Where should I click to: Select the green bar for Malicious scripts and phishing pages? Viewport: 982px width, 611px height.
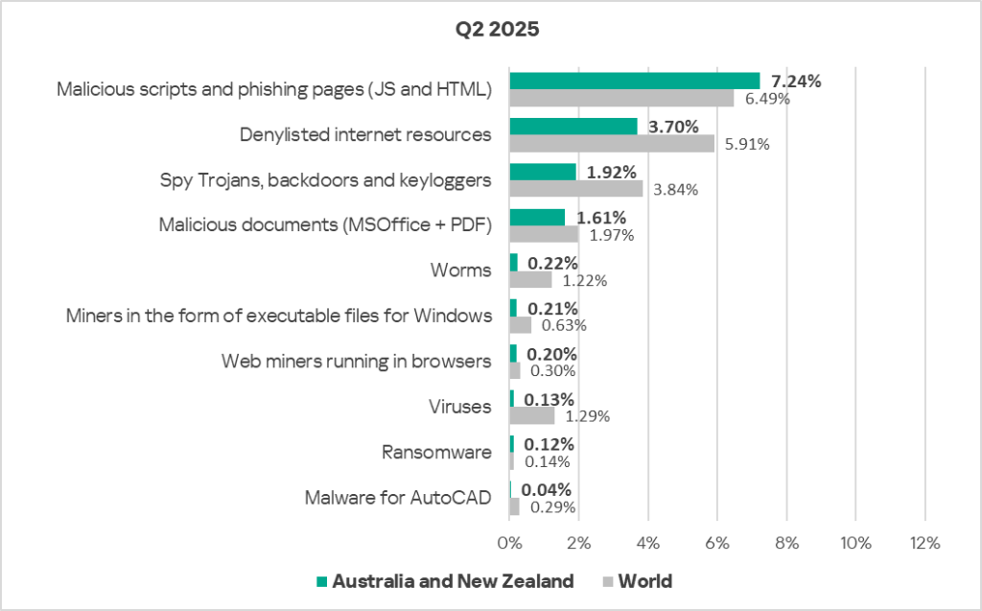click(x=634, y=81)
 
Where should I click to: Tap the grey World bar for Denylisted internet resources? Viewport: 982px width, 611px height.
click(x=612, y=143)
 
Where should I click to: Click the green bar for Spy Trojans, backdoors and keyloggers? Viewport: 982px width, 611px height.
click(x=543, y=172)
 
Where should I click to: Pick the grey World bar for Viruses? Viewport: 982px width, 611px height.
click(x=531, y=416)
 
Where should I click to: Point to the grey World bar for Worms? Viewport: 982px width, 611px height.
click(x=530, y=280)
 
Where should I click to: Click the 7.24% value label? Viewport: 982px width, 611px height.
click(x=795, y=82)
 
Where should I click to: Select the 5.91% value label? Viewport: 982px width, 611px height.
click(x=746, y=145)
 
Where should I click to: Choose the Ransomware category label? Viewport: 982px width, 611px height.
click(x=436, y=452)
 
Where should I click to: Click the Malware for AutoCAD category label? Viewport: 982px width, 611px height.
click(x=398, y=498)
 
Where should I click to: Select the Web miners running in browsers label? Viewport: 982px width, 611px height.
click(x=356, y=362)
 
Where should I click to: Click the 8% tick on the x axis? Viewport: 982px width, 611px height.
click(x=786, y=542)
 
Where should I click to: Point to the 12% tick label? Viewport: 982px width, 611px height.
click(x=924, y=542)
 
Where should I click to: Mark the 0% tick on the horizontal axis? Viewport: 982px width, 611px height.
click(x=509, y=542)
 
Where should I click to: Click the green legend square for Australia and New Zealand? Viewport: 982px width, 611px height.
click(x=322, y=581)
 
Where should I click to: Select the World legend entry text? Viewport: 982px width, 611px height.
click(x=644, y=581)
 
